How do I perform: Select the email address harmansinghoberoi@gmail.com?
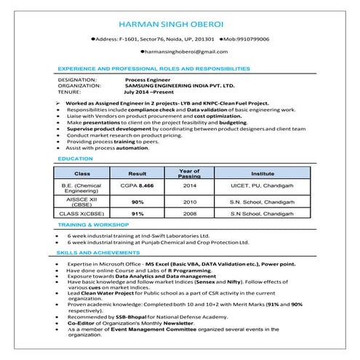(x=180, y=53)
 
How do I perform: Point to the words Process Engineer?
(x=147, y=79)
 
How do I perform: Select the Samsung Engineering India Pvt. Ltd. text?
(x=170, y=86)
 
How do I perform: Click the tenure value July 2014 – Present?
(x=153, y=92)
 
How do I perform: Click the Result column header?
(x=137, y=174)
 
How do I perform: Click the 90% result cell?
(x=137, y=201)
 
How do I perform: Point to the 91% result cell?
(x=137, y=215)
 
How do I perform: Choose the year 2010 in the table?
(x=190, y=201)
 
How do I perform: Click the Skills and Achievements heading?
(x=93, y=252)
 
